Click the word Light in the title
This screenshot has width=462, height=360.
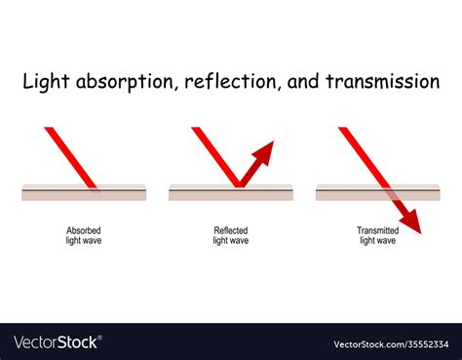point(44,82)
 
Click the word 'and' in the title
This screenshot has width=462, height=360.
point(305,82)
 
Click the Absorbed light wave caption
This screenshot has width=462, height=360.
point(83,235)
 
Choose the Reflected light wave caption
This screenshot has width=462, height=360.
point(231,235)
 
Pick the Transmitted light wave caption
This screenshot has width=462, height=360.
point(376,235)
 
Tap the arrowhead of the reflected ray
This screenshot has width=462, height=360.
point(265,150)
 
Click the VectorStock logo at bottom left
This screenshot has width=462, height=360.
point(57,342)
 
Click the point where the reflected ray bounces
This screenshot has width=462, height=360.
point(236,185)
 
